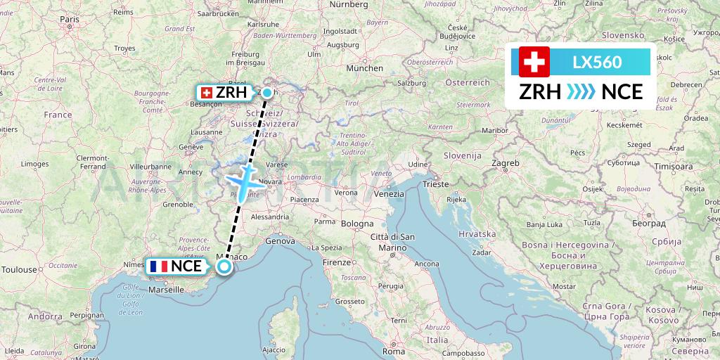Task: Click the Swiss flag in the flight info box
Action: (x=534, y=62)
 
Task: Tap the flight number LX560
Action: (x=597, y=62)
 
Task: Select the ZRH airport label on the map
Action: (x=224, y=93)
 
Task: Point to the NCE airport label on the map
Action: (x=177, y=266)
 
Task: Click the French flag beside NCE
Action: (x=157, y=266)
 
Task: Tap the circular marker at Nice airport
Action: (x=224, y=266)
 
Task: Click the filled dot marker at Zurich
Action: (x=266, y=92)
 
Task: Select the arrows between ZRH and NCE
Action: (x=581, y=92)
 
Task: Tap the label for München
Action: (x=369, y=68)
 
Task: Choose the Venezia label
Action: (x=389, y=193)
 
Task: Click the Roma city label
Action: (x=394, y=350)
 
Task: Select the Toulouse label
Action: (x=19, y=269)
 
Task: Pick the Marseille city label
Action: (x=166, y=288)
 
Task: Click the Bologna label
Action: (x=358, y=224)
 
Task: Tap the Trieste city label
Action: (x=435, y=184)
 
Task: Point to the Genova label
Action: (x=279, y=240)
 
